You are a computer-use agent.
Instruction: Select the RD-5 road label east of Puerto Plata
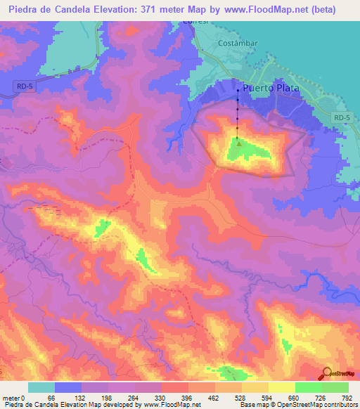tap(342, 118)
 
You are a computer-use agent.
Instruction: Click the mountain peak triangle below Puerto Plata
tap(238, 145)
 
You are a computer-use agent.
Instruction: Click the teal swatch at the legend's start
tap(41, 387)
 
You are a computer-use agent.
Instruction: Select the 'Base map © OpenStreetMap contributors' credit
tap(298, 404)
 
